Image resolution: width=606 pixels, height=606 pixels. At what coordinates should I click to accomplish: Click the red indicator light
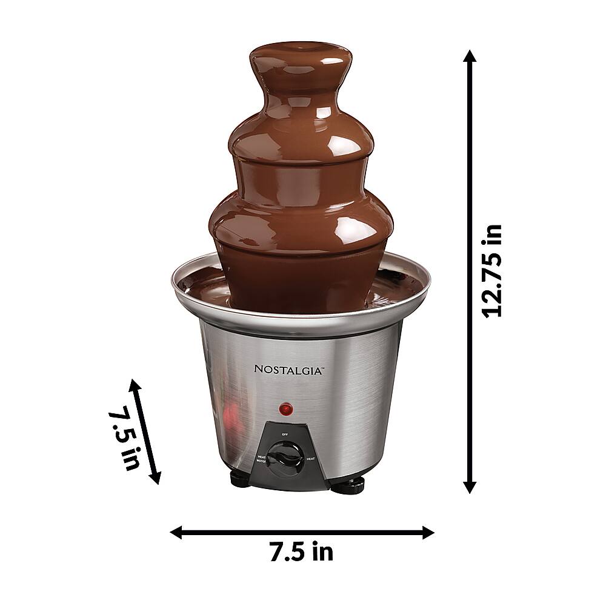(284, 409)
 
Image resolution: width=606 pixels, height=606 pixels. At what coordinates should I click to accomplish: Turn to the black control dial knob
(284, 455)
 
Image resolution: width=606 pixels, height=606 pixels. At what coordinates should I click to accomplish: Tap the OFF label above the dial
(284, 434)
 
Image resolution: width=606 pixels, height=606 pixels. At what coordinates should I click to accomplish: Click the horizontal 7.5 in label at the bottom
(301, 551)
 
